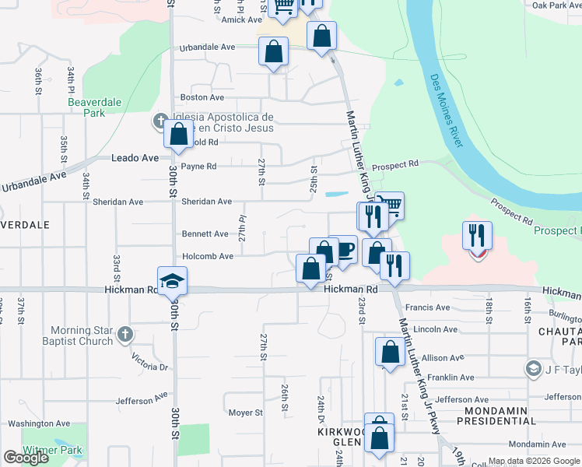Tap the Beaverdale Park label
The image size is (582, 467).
[x=86, y=107]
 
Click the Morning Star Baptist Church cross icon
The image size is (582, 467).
[x=124, y=336]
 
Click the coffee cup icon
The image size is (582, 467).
[x=343, y=250]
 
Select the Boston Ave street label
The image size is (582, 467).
[x=202, y=97]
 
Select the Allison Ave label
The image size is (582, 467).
[x=444, y=358]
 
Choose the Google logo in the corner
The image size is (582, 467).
[x=26, y=457]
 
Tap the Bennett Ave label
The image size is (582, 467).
[x=205, y=233]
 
